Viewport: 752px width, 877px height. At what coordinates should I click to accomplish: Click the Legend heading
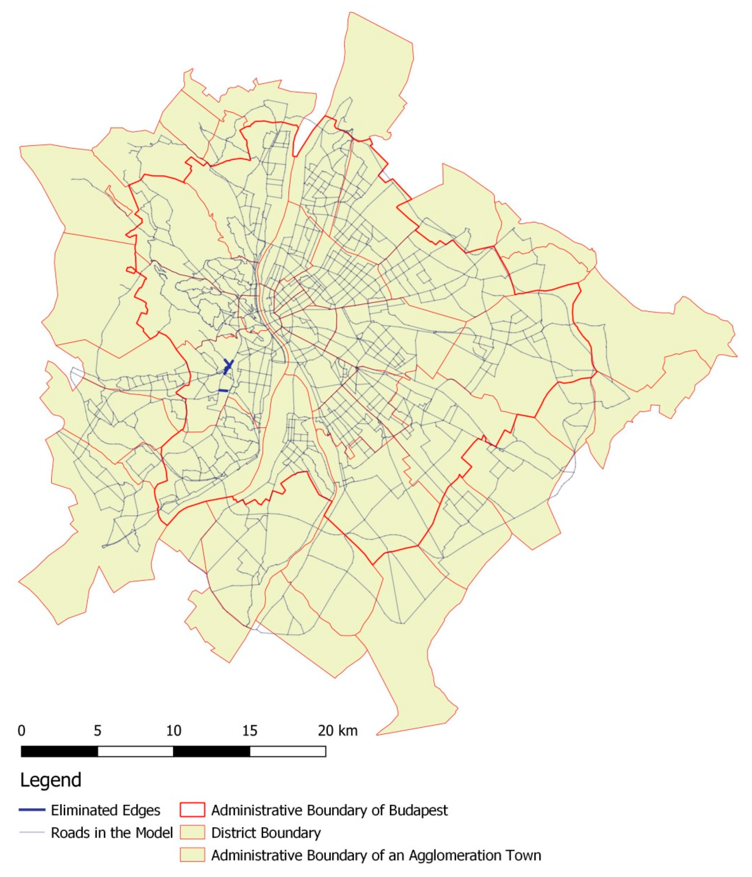[x=51, y=780]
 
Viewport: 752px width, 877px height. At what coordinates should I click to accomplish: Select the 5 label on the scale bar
[x=97, y=731]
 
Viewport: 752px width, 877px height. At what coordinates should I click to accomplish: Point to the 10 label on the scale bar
[x=173, y=731]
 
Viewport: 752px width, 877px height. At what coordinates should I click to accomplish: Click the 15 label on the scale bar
[x=250, y=731]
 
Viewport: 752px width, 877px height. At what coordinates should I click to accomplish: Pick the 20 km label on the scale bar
[x=337, y=731]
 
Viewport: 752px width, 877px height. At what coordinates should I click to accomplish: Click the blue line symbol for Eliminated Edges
[x=32, y=810]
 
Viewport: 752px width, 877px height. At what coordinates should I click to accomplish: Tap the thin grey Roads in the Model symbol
[x=32, y=832]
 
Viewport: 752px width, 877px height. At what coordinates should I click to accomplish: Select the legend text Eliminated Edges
[x=105, y=810]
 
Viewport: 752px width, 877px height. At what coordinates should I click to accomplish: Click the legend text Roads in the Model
[x=112, y=832]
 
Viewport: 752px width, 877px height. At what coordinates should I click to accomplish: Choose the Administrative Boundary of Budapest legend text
[x=329, y=810]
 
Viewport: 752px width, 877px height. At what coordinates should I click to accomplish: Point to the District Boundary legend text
[x=266, y=832]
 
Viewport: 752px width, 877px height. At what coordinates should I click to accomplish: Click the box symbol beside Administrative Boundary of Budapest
[x=192, y=810]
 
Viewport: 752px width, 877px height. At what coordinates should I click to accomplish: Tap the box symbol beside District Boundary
[x=192, y=832]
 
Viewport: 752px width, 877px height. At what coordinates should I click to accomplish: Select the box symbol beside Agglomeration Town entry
[x=192, y=855]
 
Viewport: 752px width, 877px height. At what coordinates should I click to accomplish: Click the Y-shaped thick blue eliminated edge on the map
[x=228, y=366]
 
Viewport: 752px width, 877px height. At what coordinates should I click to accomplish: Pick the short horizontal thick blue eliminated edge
[x=223, y=390]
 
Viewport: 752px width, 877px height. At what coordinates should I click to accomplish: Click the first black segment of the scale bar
[x=59, y=751]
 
